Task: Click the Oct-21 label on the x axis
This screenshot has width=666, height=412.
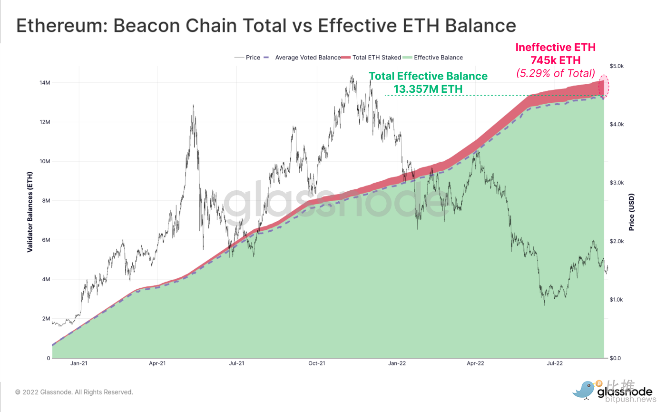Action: click(317, 363)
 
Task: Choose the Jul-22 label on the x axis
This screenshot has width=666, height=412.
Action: click(555, 363)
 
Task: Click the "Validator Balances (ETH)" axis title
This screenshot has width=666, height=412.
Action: click(29, 212)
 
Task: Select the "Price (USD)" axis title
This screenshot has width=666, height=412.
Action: click(632, 212)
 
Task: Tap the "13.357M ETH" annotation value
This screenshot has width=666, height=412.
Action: click(428, 88)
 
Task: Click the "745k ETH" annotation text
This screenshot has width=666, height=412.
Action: click(556, 60)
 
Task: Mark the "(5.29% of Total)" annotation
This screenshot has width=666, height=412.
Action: click(556, 73)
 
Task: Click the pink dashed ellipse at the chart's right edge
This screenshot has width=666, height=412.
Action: click(604, 87)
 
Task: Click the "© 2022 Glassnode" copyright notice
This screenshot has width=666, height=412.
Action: click(74, 392)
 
